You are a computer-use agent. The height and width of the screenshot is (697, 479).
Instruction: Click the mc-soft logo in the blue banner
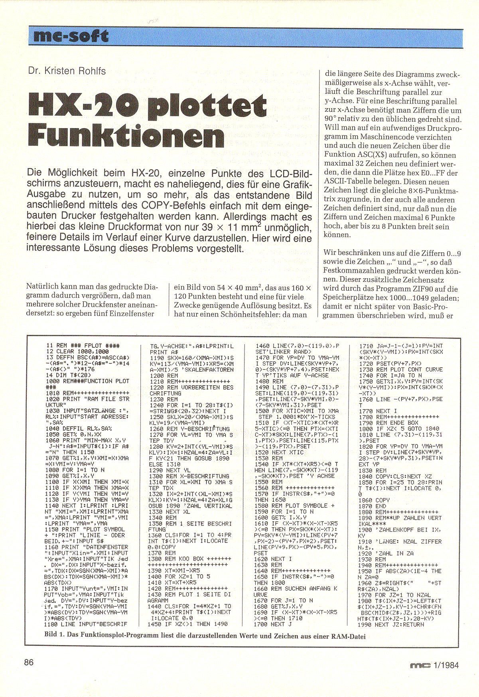pos(71,37)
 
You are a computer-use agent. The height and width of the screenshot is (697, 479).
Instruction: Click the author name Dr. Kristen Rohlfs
pos(67,71)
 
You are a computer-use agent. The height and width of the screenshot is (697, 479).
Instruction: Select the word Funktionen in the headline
pos(126,136)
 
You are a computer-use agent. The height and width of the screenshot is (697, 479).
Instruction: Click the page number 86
pos(29,662)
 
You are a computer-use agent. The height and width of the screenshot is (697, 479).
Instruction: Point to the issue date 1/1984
pos(445,665)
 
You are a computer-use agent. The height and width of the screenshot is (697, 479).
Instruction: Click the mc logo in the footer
pos(420,665)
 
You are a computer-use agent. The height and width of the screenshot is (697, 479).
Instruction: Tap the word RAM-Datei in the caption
pos(348,636)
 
